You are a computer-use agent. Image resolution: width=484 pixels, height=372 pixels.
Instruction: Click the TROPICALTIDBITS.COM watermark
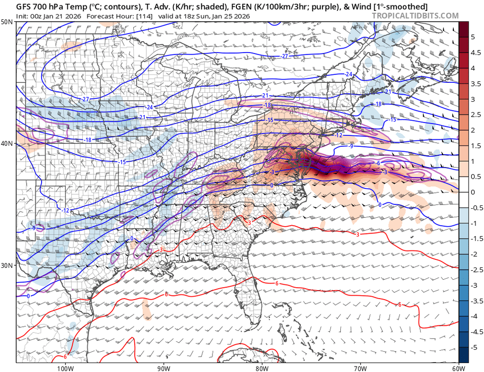[x=415, y=16]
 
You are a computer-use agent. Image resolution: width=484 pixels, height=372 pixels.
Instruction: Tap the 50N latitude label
[x=7, y=22]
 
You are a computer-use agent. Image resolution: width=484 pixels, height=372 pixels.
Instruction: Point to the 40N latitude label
[x=7, y=144]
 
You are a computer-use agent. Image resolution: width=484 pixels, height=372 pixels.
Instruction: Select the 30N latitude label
[x=7, y=265]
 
